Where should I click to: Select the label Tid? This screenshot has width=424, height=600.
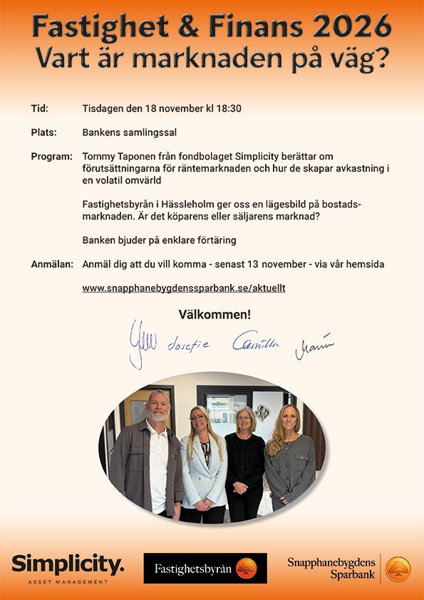[x=40, y=109]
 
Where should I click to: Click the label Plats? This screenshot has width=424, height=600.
[x=44, y=133]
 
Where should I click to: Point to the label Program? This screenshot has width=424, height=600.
[x=52, y=156]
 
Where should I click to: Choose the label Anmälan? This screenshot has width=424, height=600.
[x=52, y=264]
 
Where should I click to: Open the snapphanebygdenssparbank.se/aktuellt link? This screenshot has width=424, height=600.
[x=184, y=288]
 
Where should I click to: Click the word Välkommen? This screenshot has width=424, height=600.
[x=214, y=314]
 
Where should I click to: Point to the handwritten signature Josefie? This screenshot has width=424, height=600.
[x=188, y=346]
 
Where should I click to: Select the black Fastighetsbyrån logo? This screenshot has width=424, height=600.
[x=205, y=568]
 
